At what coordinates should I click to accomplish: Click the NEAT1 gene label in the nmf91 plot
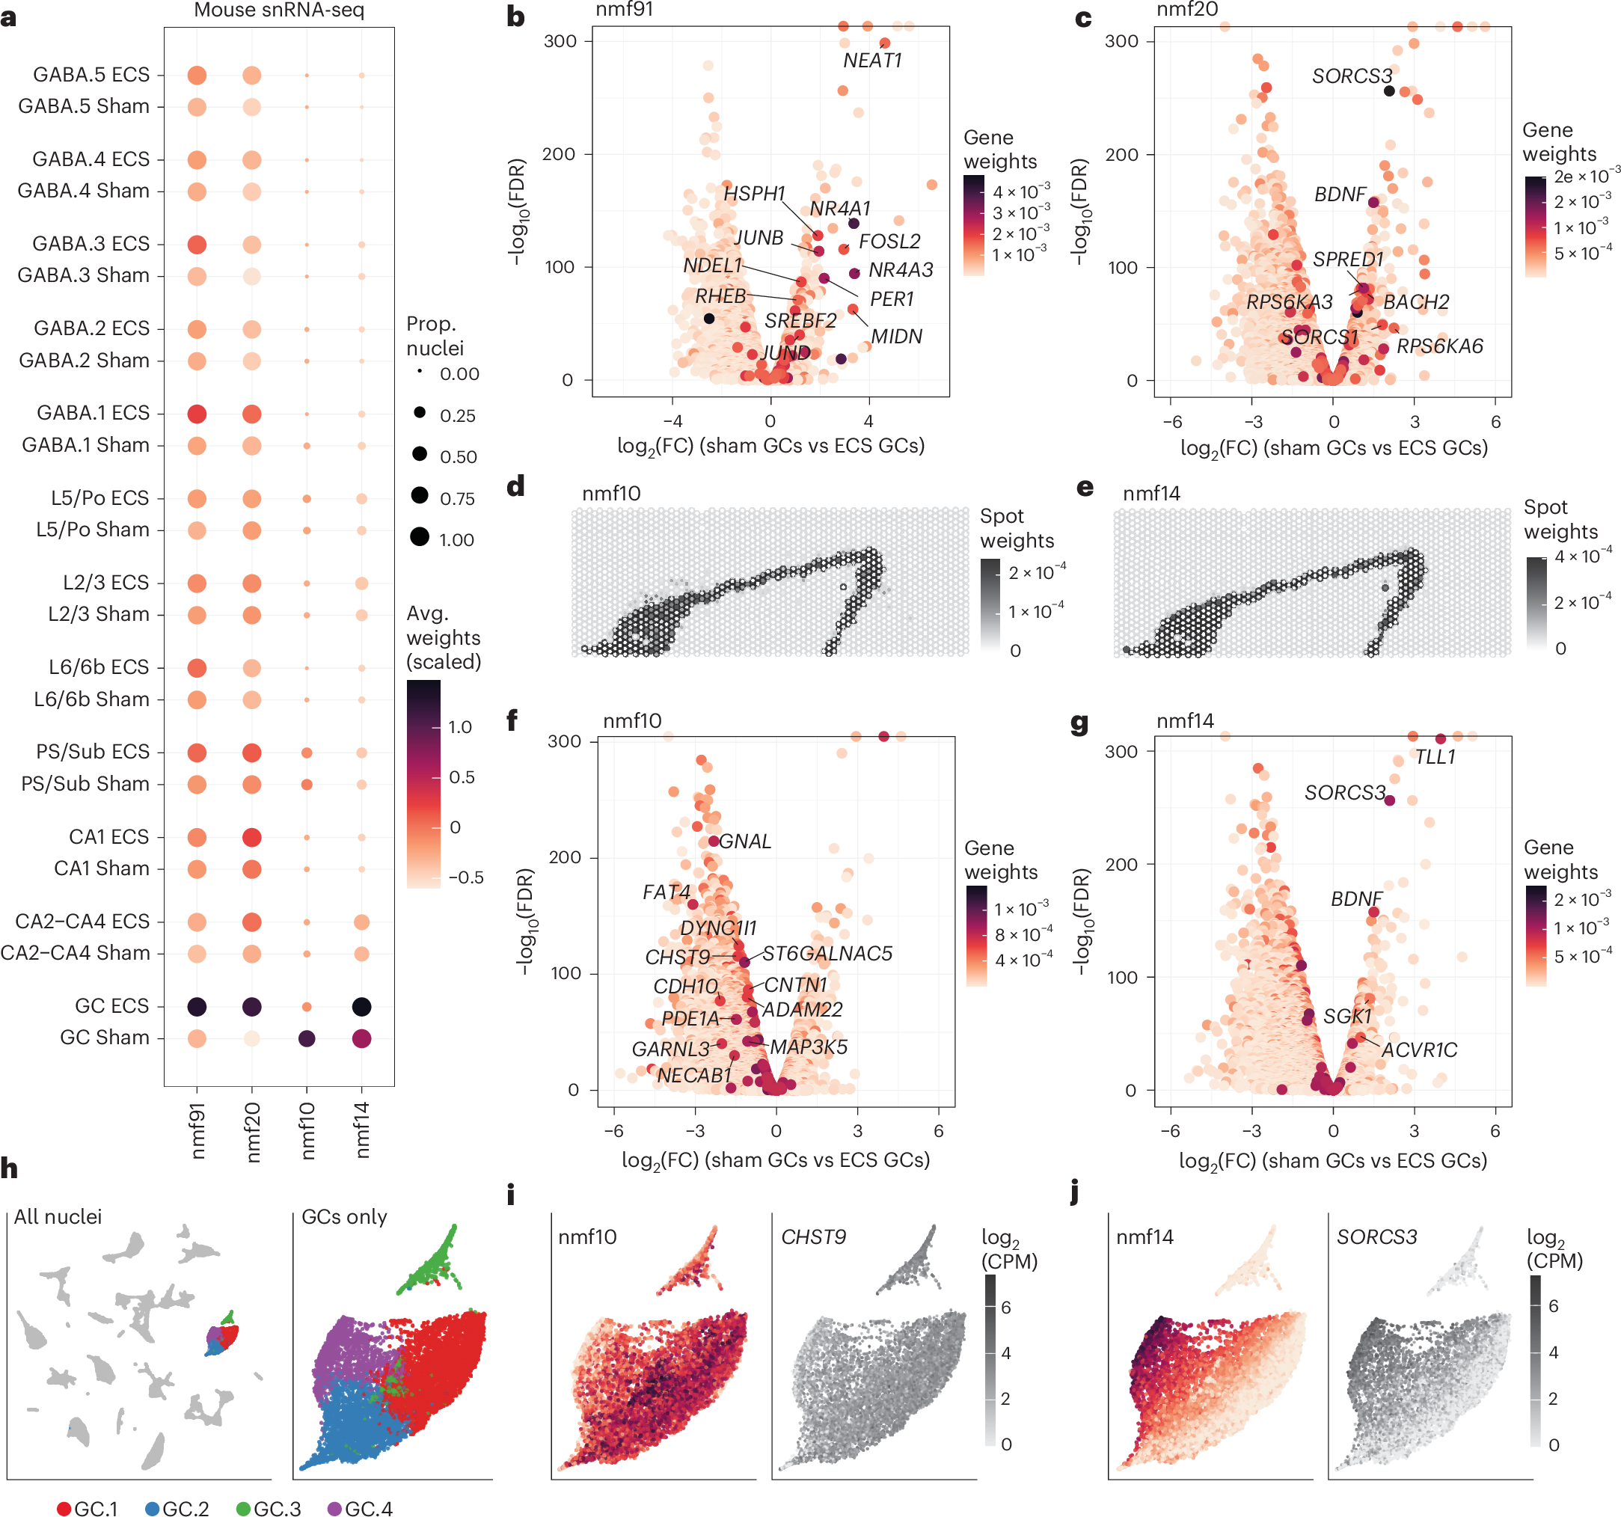(871, 61)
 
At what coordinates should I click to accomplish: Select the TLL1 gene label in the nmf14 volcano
(1434, 757)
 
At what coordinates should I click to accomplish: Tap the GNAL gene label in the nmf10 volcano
(744, 841)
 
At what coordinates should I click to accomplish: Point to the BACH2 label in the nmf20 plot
(1416, 301)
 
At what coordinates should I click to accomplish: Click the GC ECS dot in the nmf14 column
(361, 1006)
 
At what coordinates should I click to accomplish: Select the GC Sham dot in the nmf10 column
(307, 1038)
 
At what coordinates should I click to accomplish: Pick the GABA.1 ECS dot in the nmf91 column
(197, 414)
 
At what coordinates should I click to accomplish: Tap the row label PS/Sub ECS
(93, 751)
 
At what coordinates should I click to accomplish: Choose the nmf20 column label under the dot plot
(252, 1131)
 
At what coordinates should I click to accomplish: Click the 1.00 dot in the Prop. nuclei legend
(420, 536)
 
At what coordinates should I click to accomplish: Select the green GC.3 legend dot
(243, 1509)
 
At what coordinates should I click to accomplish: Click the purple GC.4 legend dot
(334, 1509)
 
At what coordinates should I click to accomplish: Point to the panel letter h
(9, 1168)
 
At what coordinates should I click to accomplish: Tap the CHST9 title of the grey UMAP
(813, 1237)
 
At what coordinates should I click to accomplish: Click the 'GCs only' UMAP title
(344, 1217)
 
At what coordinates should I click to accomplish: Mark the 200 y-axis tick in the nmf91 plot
(559, 154)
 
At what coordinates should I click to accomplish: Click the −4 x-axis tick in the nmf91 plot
(672, 422)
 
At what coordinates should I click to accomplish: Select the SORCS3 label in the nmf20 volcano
(1352, 76)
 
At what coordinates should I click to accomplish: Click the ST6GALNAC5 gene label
(827, 954)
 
